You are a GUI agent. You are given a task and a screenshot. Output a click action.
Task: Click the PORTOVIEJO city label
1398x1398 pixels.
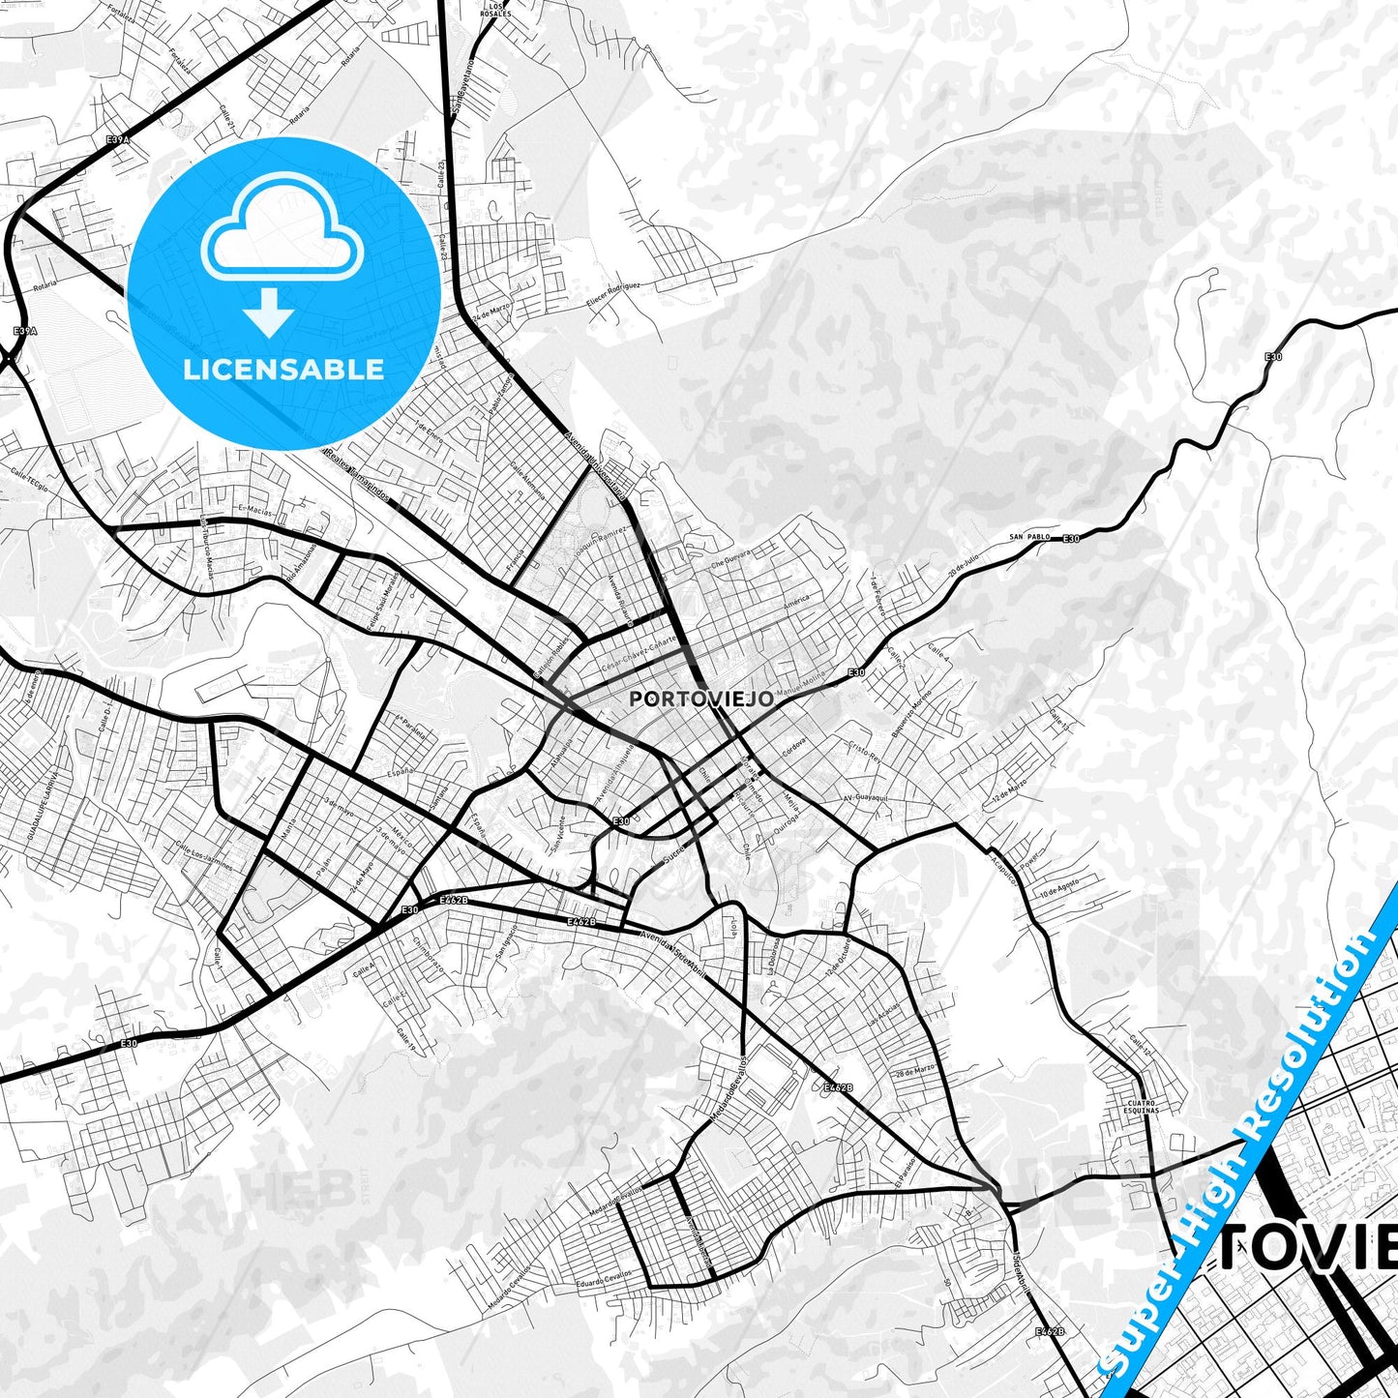pyautogui.click(x=700, y=698)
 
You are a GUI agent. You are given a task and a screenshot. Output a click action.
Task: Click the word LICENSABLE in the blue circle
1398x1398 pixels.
pyautogui.click(x=282, y=370)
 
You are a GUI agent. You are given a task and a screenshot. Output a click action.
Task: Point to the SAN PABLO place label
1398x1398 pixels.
pyautogui.click(x=1028, y=535)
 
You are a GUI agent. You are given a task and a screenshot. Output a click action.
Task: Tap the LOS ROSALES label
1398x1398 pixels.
pyautogui.click(x=493, y=10)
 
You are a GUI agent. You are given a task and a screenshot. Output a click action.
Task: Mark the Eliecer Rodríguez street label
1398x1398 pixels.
pyautogui.click(x=614, y=293)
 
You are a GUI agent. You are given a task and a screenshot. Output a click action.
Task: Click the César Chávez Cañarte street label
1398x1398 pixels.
pyautogui.click(x=638, y=658)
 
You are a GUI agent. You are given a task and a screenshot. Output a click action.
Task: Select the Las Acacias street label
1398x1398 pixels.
pyautogui.click(x=885, y=1016)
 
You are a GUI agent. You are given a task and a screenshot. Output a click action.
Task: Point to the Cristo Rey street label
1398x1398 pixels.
pyautogui.click(x=862, y=752)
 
